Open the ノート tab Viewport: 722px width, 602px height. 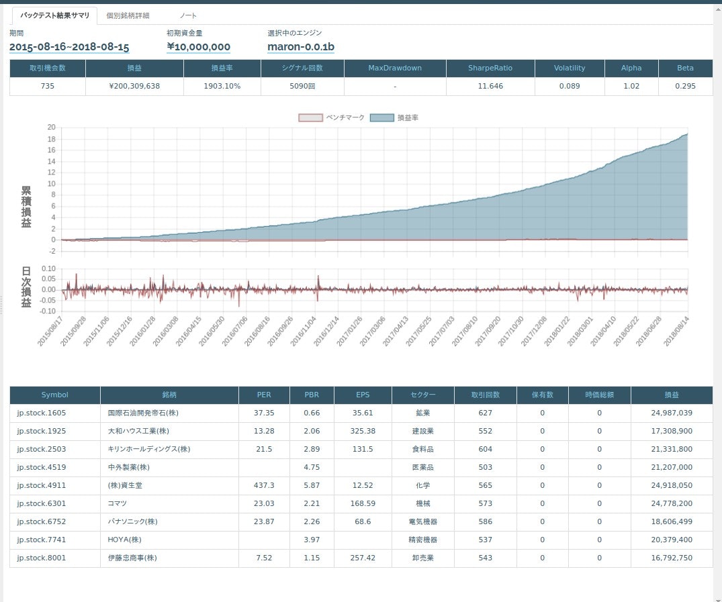tap(188, 15)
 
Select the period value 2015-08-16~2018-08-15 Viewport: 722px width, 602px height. tap(69, 47)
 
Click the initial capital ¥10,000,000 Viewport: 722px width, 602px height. tap(199, 47)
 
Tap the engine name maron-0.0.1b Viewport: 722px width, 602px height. tap(301, 47)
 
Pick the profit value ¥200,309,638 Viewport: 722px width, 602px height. tap(134, 86)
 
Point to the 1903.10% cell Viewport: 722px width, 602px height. tap(222, 86)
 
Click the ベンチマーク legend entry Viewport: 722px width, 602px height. tap(332, 117)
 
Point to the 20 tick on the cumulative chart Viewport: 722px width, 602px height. tap(51, 128)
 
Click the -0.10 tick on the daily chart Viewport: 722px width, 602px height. tap(47, 311)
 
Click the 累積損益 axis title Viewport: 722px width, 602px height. tap(26, 207)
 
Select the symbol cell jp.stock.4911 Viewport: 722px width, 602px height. tap(42, 485)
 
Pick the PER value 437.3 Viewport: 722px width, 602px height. tap(264, 485)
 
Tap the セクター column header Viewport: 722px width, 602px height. tap(423, 395)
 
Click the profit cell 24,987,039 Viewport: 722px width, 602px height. tap(672, 413)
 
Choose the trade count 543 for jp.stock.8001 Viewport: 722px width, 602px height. tap(486, 558)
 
